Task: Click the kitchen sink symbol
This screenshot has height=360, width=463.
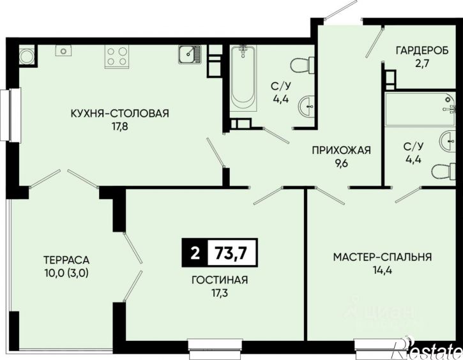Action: point(190,54)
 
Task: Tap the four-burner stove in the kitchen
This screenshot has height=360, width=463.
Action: point(117,56)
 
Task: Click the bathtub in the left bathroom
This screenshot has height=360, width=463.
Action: point(243,78)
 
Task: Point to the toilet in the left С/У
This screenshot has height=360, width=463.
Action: point(303,64)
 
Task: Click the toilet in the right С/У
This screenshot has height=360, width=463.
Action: point(443,171)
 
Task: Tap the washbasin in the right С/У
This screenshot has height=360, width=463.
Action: point(448,142)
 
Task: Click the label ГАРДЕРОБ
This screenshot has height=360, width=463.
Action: point(422,50)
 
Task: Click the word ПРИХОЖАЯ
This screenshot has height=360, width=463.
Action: point(341,150)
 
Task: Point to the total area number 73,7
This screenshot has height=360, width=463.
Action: point(231,253)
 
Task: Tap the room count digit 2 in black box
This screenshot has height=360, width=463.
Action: point(195,253)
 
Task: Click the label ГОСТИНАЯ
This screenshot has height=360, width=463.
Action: point(220,280)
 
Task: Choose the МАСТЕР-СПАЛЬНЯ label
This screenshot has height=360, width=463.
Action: point(383,257)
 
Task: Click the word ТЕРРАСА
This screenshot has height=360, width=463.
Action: point(66,260)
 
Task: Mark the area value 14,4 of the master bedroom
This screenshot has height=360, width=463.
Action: point(383,270)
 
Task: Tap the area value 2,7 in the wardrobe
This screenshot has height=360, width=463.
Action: point(422,64)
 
